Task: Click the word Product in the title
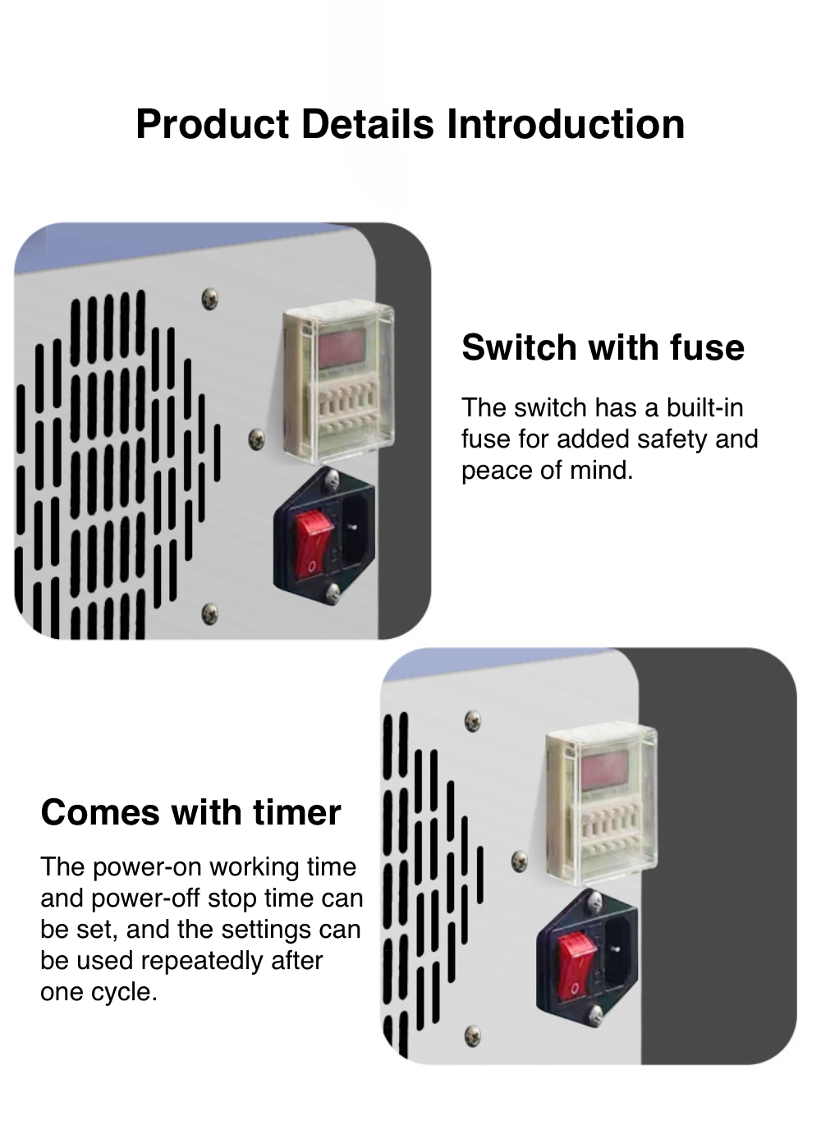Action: click(x=213, y=124)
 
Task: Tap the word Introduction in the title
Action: click(x=566, y=124)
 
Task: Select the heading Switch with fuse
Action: click(x=603, y=347)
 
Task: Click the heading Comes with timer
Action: click(x=190, y=812)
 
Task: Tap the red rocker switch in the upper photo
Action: click(x=314, y=546)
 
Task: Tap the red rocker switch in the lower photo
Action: click(x=576, y=965)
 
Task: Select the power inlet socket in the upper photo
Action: click(x=357, y=531)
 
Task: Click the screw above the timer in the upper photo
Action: click(x=210, y=298)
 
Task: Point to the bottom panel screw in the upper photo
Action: click(x=210, y=613)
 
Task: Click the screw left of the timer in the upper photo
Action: click(x=256, y=439)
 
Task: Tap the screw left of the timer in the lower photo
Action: click(x=519, y=861)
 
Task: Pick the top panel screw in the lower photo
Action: click(x=473, y=720)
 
